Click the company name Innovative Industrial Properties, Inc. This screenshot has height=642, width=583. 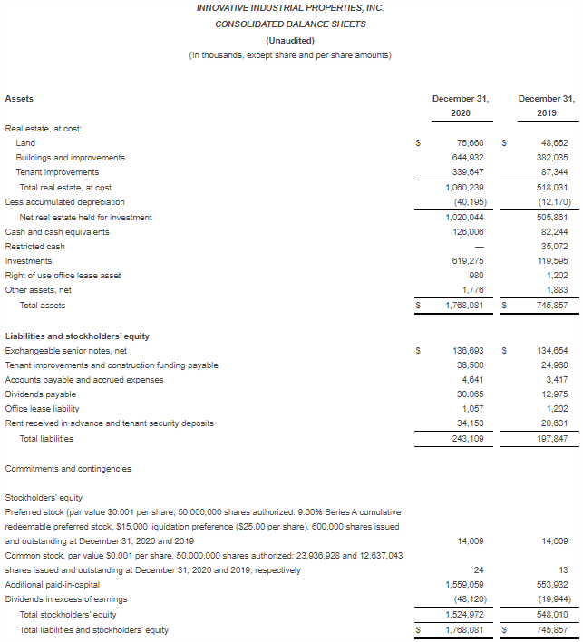290,8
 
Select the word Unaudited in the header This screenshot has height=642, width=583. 290,40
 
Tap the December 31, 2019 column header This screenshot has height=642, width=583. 546,105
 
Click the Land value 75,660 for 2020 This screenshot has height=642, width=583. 470,142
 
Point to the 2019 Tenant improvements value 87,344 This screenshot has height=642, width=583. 554,172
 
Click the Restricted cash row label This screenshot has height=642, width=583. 34,247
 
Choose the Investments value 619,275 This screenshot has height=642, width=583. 468,261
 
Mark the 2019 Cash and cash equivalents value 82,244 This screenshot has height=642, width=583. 554,232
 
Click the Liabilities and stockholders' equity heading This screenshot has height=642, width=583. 77,336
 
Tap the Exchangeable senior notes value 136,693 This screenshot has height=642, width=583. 468,351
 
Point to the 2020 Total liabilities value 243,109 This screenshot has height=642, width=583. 468,439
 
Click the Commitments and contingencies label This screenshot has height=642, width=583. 68,469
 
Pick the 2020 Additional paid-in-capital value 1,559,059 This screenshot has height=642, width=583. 464,585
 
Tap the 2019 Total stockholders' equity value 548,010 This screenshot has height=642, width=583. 552,615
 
